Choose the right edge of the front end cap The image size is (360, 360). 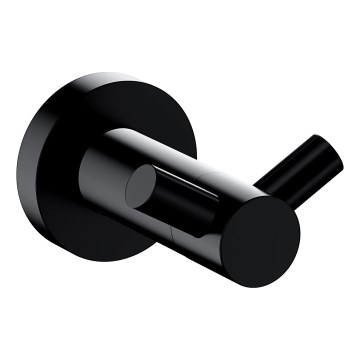pos(299,232)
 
